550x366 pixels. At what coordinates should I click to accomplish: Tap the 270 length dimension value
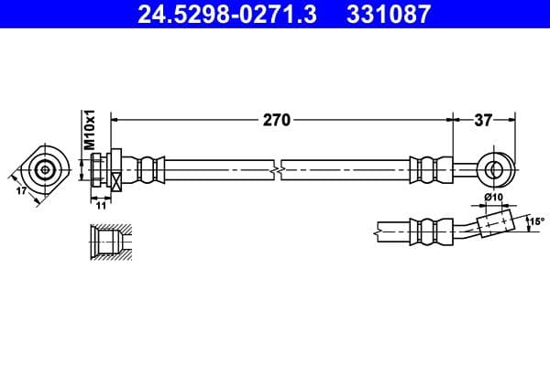[278, 119]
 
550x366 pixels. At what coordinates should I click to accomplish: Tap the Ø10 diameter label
[493, 199]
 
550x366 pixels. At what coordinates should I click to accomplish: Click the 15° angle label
[536, 221]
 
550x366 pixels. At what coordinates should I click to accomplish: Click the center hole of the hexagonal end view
[45, 169]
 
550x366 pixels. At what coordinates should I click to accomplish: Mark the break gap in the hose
[278, 170]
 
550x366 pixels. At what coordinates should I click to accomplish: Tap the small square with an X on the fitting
[116, 181]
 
